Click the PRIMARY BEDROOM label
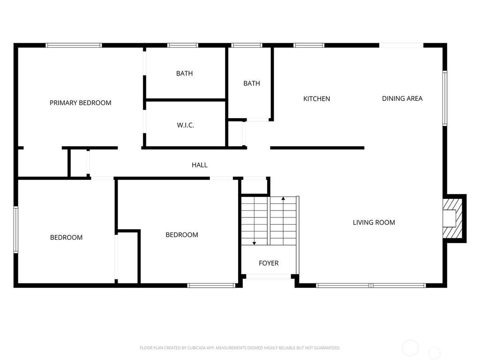[x=81, y=103]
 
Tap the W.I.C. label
[x=186, y=125]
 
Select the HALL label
[x=200, y=165]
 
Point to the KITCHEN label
[x=316, y=98]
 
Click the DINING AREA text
[x=402, y=98]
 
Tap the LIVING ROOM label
[x=374, y=223]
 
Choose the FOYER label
[x=269, y=263]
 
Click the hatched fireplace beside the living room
[x=452, y=218]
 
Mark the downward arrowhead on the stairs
[x=254, y=243]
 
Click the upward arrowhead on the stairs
[x=283, y=199]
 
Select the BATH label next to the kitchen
[x=252, y=83]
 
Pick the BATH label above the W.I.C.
[x=184, y=74]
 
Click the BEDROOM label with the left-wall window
[x=66, y=238]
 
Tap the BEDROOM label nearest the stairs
[x=182, y=235]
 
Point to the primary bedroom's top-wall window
[x=74, y=45]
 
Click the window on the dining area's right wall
[x=445, y=98]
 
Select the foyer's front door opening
[x=269, y=277]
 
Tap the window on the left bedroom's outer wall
[x=16, y=230]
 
